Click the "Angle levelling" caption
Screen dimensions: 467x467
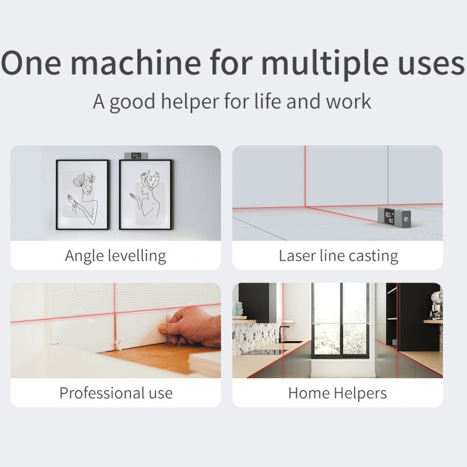(x=116, y=255)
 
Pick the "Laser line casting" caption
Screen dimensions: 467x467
(x=338, y=255)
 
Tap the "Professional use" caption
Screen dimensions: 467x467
(x=116, y=392)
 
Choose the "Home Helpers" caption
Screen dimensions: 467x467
(x=337, y=392)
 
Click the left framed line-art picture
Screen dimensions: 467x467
(x=82, y=194)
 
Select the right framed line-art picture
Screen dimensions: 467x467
(x=145, y=194)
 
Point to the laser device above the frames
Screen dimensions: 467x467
(x=137, y=156)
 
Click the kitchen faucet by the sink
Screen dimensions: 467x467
(x=281, y=333)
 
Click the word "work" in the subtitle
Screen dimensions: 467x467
(x=349, y=101)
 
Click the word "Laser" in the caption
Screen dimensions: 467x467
(x=298, y=255)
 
